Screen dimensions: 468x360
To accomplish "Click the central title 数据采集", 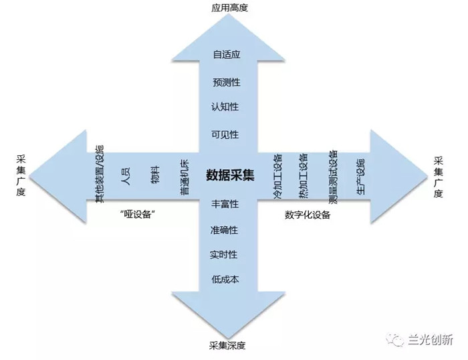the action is (230, 175).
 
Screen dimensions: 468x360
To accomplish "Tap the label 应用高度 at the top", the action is (229, 8).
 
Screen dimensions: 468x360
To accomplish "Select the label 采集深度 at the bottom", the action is (227, 346).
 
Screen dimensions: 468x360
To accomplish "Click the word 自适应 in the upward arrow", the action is (227, 55).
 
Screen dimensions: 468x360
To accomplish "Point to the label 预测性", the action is (227, 82).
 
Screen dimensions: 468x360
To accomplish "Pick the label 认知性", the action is (225, 107).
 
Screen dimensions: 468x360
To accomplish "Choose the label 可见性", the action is (225, 134).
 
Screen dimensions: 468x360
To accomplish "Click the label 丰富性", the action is (225, 204).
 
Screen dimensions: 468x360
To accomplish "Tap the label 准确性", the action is (224, 230).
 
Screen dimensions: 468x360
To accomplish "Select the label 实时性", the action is (223, 255).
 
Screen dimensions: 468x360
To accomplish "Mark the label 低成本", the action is (225, 279).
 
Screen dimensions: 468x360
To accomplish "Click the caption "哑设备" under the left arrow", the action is (137, 214).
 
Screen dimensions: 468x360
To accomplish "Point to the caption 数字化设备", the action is (308, 215).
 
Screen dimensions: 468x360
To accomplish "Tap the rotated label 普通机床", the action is (185, 177).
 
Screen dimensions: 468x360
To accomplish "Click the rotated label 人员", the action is (126, 176).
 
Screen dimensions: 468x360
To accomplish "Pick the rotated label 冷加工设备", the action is (278, 176).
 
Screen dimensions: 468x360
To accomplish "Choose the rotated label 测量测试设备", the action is (333, 177).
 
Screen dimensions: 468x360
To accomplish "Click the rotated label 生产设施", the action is (361, 177).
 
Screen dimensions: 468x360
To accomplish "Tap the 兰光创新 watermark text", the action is (431, 340).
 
